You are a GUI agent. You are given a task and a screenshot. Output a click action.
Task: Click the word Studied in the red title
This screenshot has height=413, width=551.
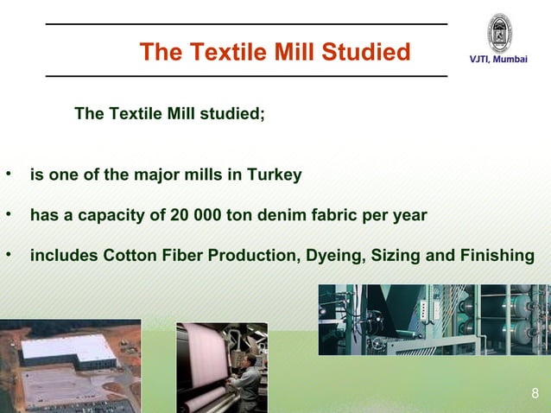(366, 53)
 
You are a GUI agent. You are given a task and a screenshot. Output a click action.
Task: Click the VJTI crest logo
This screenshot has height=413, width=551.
(499, 34)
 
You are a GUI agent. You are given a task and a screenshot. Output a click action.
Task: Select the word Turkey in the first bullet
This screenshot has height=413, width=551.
(275, 175)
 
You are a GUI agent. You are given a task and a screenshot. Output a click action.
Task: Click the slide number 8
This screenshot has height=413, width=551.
(535, 396)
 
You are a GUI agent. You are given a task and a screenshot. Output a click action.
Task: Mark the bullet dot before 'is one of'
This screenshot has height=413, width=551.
(9, 174)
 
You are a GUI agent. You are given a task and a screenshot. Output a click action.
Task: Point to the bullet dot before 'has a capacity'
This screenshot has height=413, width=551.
(9, 213)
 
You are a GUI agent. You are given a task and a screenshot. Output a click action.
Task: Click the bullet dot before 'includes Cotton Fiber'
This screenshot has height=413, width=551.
(9, 254)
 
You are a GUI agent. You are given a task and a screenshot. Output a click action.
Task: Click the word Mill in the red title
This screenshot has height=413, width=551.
(294, 53)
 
